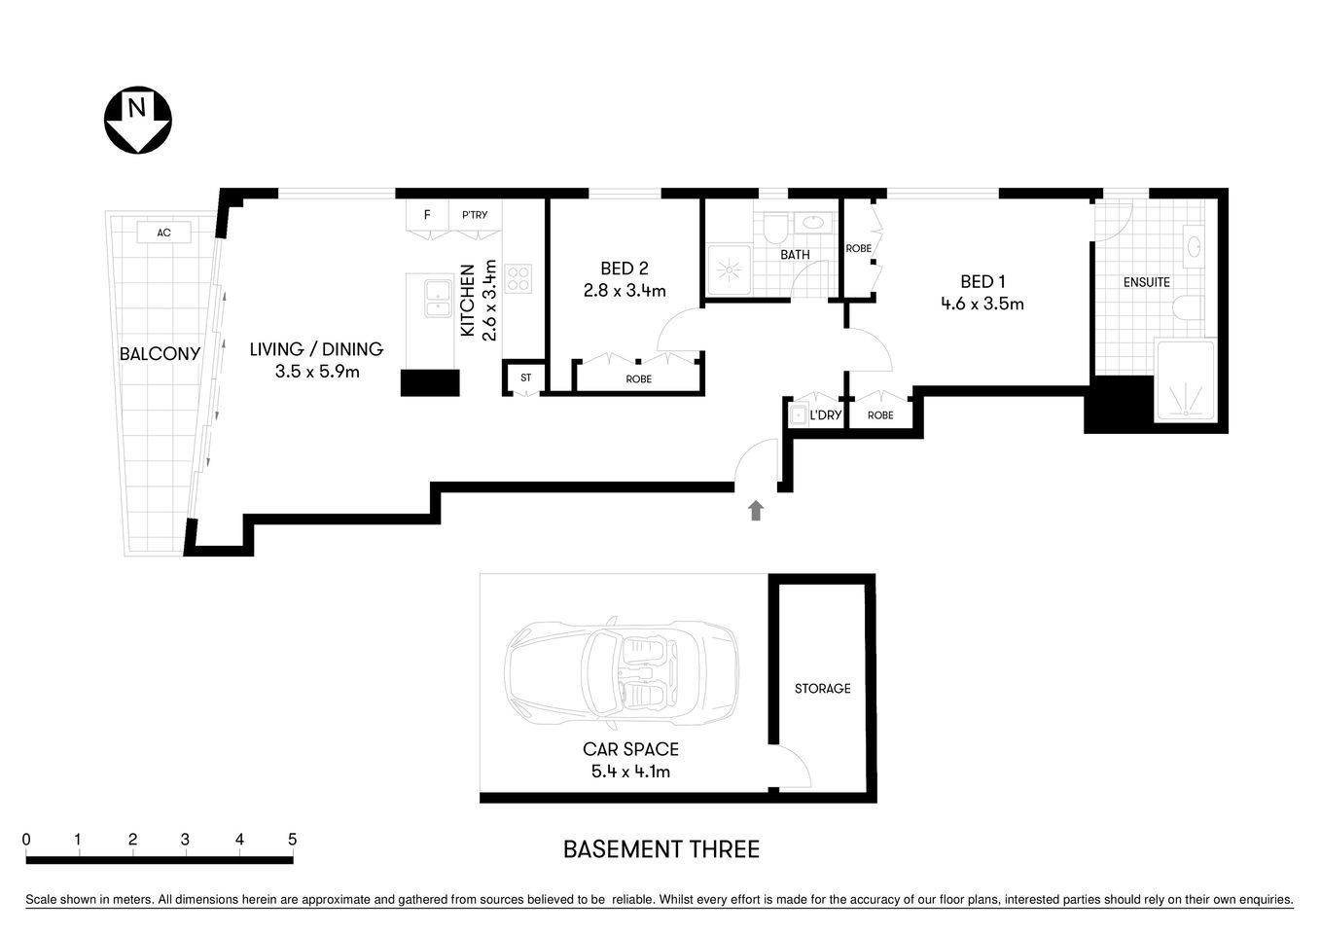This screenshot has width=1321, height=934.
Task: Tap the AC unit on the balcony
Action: point(163,233)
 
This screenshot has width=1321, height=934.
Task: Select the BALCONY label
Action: point(160,354)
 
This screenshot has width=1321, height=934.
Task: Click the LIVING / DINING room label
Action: point(316,349)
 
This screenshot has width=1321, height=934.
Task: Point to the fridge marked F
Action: point(427,215)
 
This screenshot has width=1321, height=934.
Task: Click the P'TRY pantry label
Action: point(475,215)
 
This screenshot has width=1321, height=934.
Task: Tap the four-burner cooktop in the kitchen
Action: point(518,279)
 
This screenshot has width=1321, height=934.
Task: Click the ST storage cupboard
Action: point(525,377)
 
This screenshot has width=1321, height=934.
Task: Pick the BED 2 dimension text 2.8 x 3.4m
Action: point(624,290)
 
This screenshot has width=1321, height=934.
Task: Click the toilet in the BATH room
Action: point(776,229)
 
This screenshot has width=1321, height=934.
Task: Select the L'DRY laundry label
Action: point(825,415)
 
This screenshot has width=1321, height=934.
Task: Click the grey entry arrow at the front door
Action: point(756,511)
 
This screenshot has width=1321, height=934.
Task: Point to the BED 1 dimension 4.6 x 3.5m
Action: point(982,304)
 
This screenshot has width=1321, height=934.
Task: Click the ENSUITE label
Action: point(1146,282)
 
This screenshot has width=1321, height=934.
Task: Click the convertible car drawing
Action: point(620,672)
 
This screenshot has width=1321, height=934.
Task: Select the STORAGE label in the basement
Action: point(822,689)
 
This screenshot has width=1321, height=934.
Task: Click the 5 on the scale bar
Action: point(292,840)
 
